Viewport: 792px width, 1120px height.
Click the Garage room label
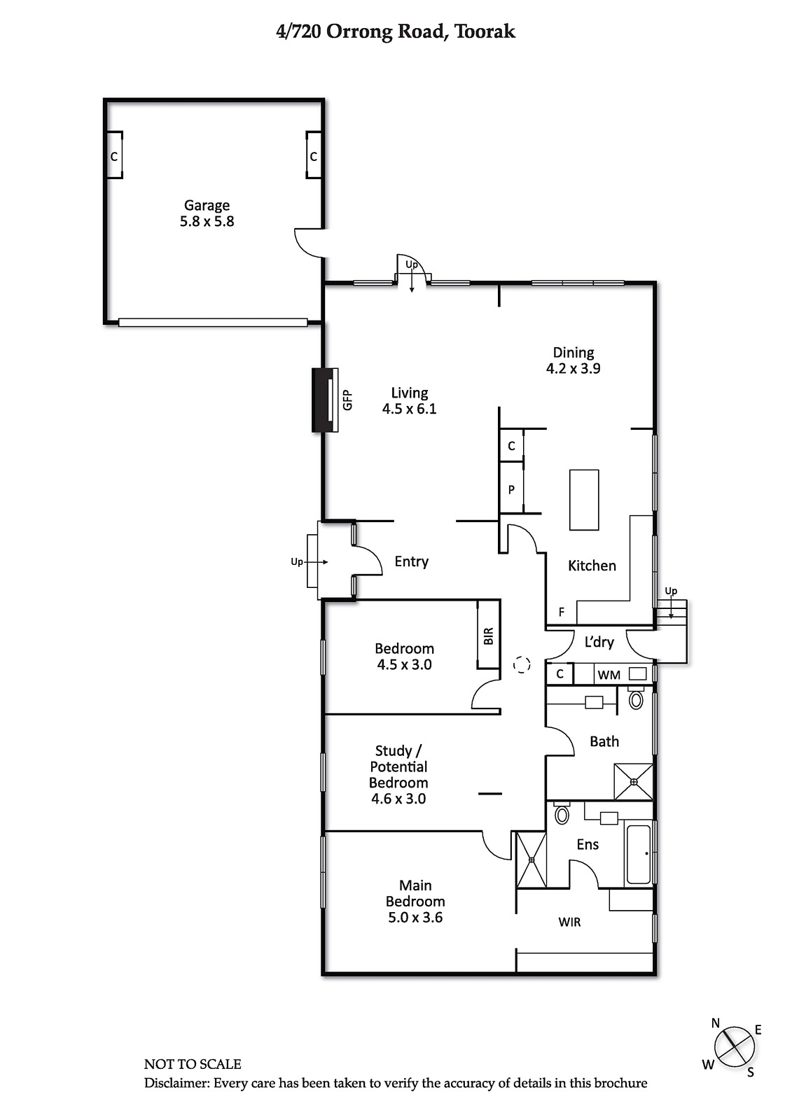coord(207,206)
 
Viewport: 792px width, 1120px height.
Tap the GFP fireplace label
coord(348,400)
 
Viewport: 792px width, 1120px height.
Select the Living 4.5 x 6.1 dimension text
coord(409,409)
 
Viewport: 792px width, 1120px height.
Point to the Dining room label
coord(574,353)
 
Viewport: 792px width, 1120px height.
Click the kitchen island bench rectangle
coord(584,500)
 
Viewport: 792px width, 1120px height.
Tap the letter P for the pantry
coord(511,489)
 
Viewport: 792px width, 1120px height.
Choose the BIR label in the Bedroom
coord(489,636)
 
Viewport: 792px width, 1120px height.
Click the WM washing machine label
coord(609,675)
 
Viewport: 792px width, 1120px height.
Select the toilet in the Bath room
coord(636,699)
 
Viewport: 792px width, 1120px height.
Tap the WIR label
coord(569,922)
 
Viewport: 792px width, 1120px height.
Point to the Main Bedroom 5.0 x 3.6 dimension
coord(415,918)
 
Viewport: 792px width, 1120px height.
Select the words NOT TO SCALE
coord(193,1064)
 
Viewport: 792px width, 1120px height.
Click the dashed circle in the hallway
coord(521,664)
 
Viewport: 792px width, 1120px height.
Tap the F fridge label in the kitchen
coord(562,612)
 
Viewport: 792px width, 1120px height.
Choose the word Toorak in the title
coord(485,31)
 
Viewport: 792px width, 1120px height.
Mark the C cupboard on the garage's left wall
coord(114,157)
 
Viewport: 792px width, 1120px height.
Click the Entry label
coord(411,562)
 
